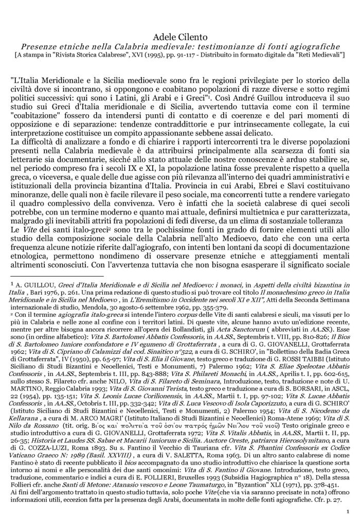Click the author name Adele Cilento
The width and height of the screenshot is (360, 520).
[180, 37]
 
